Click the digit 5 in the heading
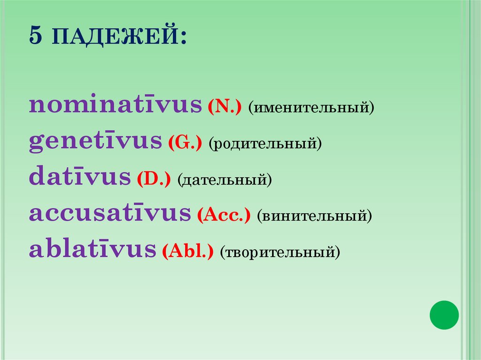[35, 36]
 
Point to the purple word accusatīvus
[110, 214]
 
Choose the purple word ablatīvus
[93, 250]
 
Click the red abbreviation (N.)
[224, 108]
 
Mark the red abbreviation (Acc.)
[224, 216]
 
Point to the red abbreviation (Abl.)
[188, 253]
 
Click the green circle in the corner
[444, 314]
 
